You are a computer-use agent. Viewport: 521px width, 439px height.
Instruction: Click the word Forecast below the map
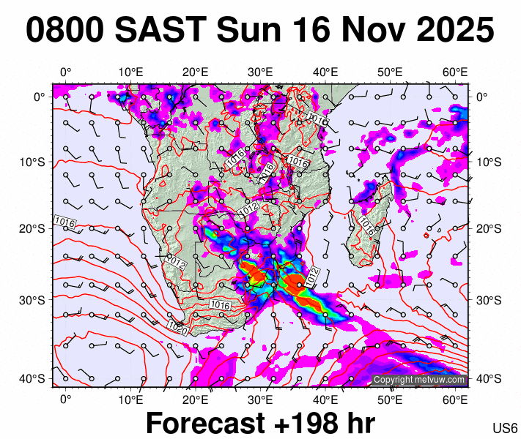204,424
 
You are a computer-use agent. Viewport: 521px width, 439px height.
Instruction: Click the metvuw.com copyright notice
419,380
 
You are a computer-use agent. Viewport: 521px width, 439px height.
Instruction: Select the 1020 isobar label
176,325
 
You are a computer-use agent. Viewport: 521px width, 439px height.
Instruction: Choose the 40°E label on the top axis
325,72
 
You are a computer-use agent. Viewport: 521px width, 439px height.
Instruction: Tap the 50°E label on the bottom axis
391,399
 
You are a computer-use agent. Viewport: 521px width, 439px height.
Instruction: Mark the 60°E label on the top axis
455,72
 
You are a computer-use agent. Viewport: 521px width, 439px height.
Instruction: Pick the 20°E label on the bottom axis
195,399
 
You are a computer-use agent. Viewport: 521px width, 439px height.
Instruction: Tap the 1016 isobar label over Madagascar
367,227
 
